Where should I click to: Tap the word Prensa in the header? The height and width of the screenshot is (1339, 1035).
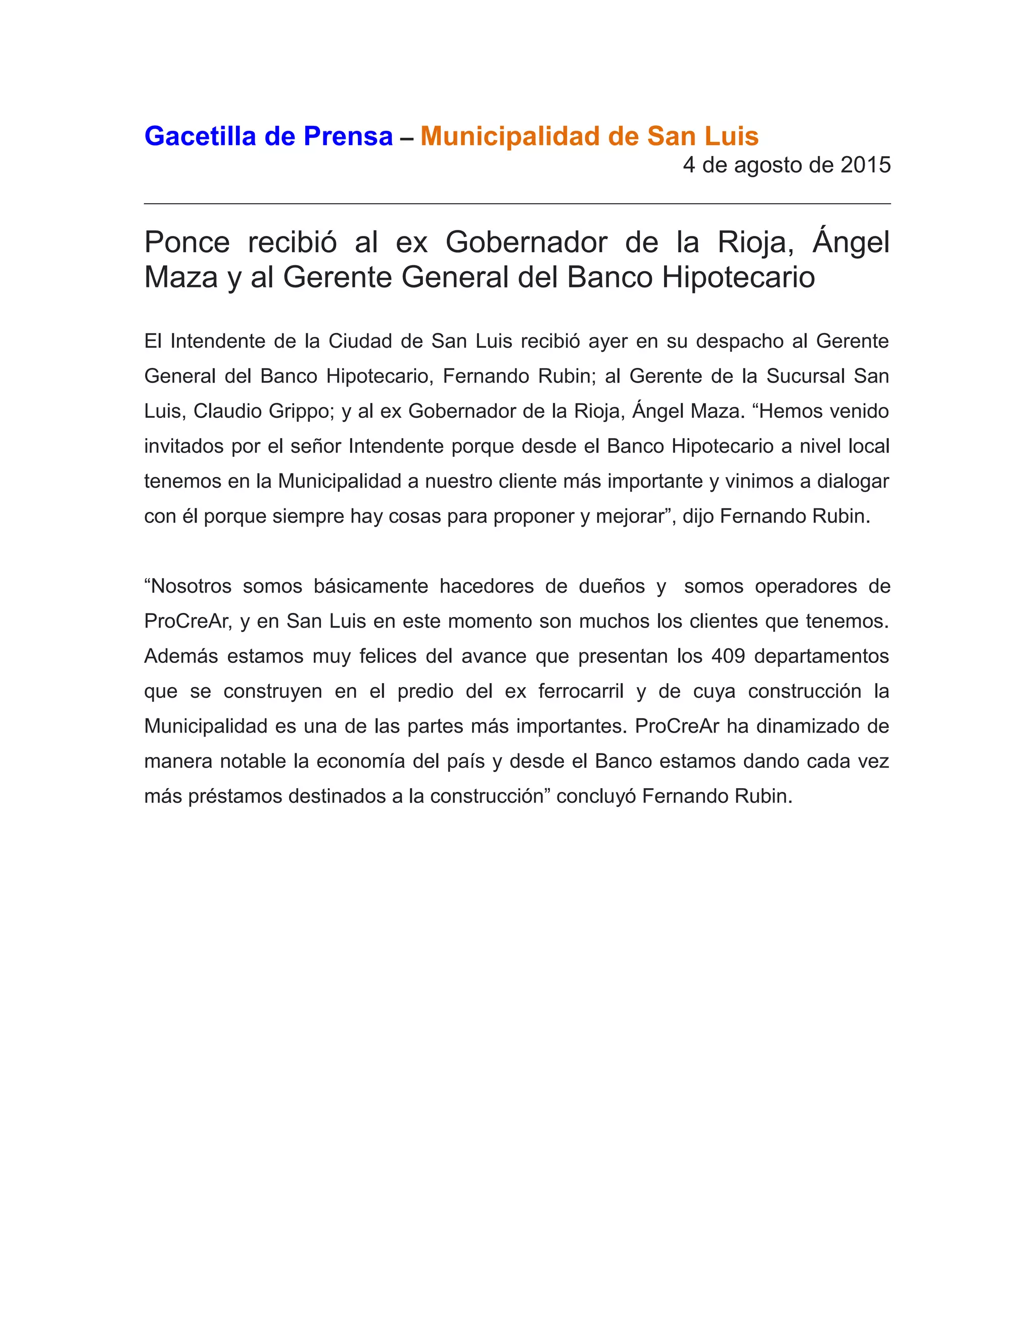[x=348, y=136]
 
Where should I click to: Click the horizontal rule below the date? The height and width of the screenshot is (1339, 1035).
[x=517, y=204]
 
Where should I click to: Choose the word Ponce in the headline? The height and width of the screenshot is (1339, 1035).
[x=187, y=242]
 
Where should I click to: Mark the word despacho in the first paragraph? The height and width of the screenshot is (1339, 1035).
[x=739, y=342]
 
